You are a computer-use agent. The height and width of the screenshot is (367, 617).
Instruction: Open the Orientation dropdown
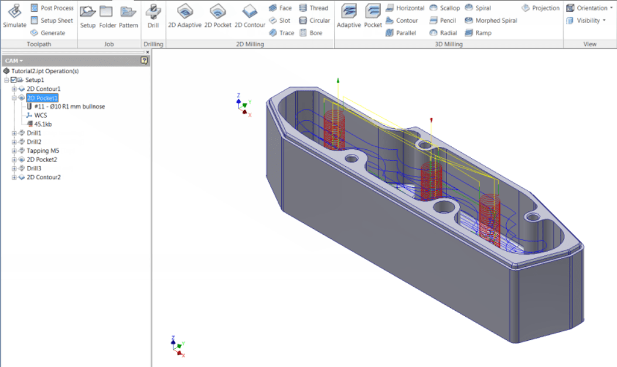pos(587,8)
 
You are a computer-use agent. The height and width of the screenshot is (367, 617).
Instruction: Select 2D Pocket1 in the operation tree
pos(42,98)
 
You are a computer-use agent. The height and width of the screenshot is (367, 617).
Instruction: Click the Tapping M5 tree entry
pos(43,150)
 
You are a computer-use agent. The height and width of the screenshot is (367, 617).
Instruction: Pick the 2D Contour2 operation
pos(43,177)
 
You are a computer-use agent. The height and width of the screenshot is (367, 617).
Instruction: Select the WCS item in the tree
pos(40,115)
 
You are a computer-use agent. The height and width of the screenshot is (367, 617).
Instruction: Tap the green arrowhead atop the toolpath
pos(338,80)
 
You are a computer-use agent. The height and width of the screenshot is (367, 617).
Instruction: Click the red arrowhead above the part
pos(431,120)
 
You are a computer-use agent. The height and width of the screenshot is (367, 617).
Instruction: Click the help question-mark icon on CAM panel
pos(144,60)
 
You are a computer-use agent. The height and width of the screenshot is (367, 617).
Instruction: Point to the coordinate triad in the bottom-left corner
pos(178,347)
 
